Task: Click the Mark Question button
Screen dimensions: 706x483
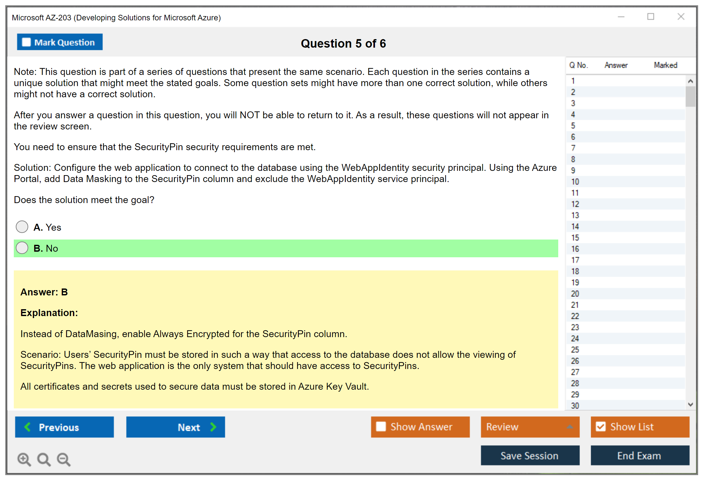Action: click(x=60, y=42)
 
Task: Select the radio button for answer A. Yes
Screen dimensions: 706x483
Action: click(x=22, y=227)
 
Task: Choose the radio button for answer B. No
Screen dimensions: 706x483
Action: click(x=22, y=248)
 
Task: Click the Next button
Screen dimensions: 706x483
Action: click(x=176, y=427)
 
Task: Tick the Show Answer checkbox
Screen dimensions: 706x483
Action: click(x=381, y=426)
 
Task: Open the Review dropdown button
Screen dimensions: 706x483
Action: click(x=530, y=427)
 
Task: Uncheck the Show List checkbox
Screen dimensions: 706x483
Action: click(x=601, y=426)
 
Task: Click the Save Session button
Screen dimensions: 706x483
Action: click(x=530, y=455)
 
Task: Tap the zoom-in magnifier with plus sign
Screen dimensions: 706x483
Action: click(x=24, y=459)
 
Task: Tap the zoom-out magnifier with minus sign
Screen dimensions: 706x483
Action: click(x=64, y=459)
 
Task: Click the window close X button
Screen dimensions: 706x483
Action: click(x=681, y=16)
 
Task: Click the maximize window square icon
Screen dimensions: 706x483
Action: click(x=651, y=16)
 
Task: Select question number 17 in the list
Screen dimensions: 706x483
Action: click(x=575, y=260)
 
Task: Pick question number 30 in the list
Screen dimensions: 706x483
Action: click(x=575, y=406)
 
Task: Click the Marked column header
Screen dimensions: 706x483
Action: click(x=665, y=65)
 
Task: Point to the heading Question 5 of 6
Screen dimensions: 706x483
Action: click(x=343, y=43)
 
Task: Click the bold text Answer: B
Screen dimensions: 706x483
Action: click(x=44, y=292)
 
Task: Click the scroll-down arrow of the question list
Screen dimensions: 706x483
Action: click(x=690, y=404)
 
